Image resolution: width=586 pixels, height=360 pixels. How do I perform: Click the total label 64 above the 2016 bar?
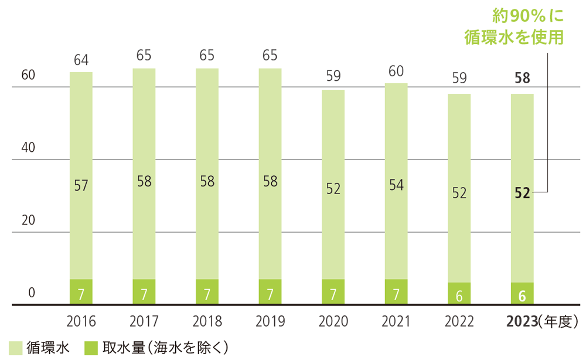pyautogui.click(x=81, y=60)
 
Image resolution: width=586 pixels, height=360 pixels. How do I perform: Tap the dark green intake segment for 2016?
pyautogui.click(x=81, y=292)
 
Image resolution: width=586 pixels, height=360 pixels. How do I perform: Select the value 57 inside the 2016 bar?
pyautogui.click(x=81, y=185)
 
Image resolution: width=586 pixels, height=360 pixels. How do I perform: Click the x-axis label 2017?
pyautogui.click(x=144, y=321)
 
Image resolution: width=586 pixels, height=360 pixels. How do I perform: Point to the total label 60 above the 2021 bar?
pyautogui.click(x=396, y=72)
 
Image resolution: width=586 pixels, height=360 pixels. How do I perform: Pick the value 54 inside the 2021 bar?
pyautogui.click(x=396, y=185)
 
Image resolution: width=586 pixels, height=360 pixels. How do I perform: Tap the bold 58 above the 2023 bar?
pyautogui.click(x=522, y=78)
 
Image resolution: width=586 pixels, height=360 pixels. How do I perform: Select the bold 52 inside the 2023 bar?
pyautogui.click(x=522, y=193)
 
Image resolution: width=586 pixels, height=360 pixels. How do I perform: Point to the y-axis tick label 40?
pyautogui.click(x=28, y=147)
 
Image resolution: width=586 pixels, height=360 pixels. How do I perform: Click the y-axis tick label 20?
pyautogui.click(x=28, y=220)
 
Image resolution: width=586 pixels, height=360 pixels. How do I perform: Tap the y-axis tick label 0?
pyautogui.click(x=33, y=293)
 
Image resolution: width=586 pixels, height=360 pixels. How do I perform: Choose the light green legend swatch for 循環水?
pyautogui.click(x=15, y=348)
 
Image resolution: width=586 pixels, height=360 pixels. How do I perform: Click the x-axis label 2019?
pyautogui.click(x=270, y=321)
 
